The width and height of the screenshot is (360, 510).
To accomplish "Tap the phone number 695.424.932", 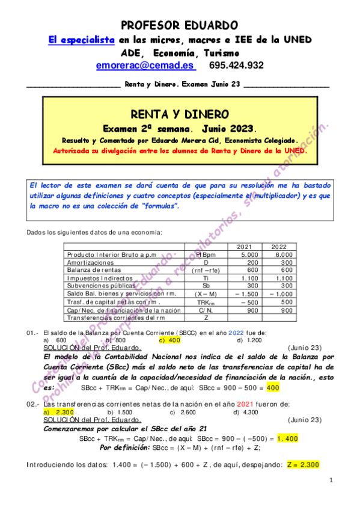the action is pyautogui.click(x=236, y=65).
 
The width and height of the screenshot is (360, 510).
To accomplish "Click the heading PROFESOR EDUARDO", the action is pyautogui.click(x=180, y=25).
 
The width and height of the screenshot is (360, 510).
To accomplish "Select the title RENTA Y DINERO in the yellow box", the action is pyautogui.click(x=179, y=114).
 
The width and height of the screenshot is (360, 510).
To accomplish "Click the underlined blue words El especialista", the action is pyautogui.click(x=82, y=40).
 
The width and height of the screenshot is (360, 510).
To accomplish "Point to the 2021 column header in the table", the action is pyautogui.click(x=245, y=247).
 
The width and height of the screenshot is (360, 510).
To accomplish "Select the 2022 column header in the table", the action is pyautogui.click(x=279, y=247).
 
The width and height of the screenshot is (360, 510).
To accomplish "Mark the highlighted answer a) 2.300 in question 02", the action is pyautogui.click(x=59, y=412).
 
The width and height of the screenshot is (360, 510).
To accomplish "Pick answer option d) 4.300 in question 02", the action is pyautogui.click(x=245, y=412).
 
